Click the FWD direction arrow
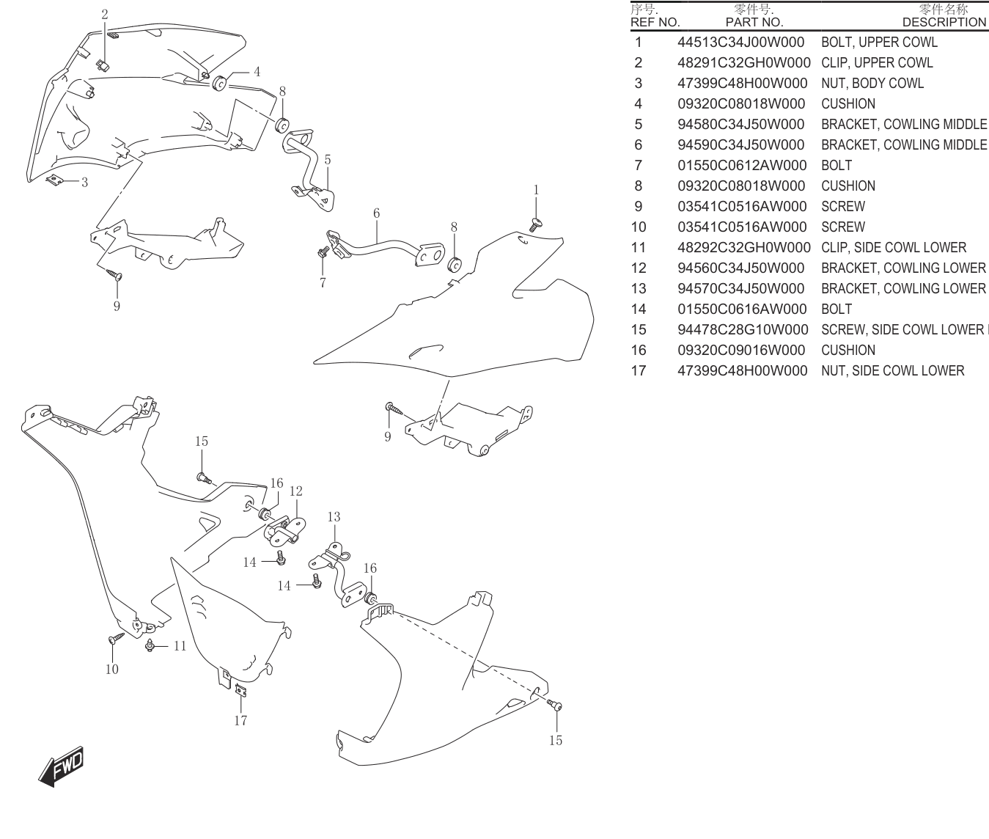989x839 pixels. tap(62, 766)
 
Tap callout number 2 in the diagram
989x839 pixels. tap(105, 15)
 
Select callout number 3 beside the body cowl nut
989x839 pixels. tap(85, 183)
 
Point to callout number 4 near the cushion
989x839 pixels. tap(257, 72)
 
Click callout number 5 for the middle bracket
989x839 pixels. tap(327, 160)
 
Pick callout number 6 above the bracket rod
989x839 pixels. tap(377, 213)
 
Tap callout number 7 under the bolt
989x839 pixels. tap(323, 283)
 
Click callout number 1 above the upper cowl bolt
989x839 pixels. tap(536, 190)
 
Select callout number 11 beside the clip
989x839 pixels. tap(180, 646)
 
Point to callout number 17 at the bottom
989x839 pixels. tap(240, 720)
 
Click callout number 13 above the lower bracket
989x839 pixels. tap(334, 517)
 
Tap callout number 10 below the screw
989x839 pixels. tap(112, 669)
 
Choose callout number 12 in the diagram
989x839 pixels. tap(296, 491)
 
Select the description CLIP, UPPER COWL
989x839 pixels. tap(877, 62)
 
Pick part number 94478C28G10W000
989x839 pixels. tap(743, 330)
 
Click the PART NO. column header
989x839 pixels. tap(754, 23)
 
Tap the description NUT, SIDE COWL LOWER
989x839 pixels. tap(893, 371)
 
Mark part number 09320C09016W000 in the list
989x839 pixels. tap(741, 351)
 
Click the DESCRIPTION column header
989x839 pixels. tap(944, 23)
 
